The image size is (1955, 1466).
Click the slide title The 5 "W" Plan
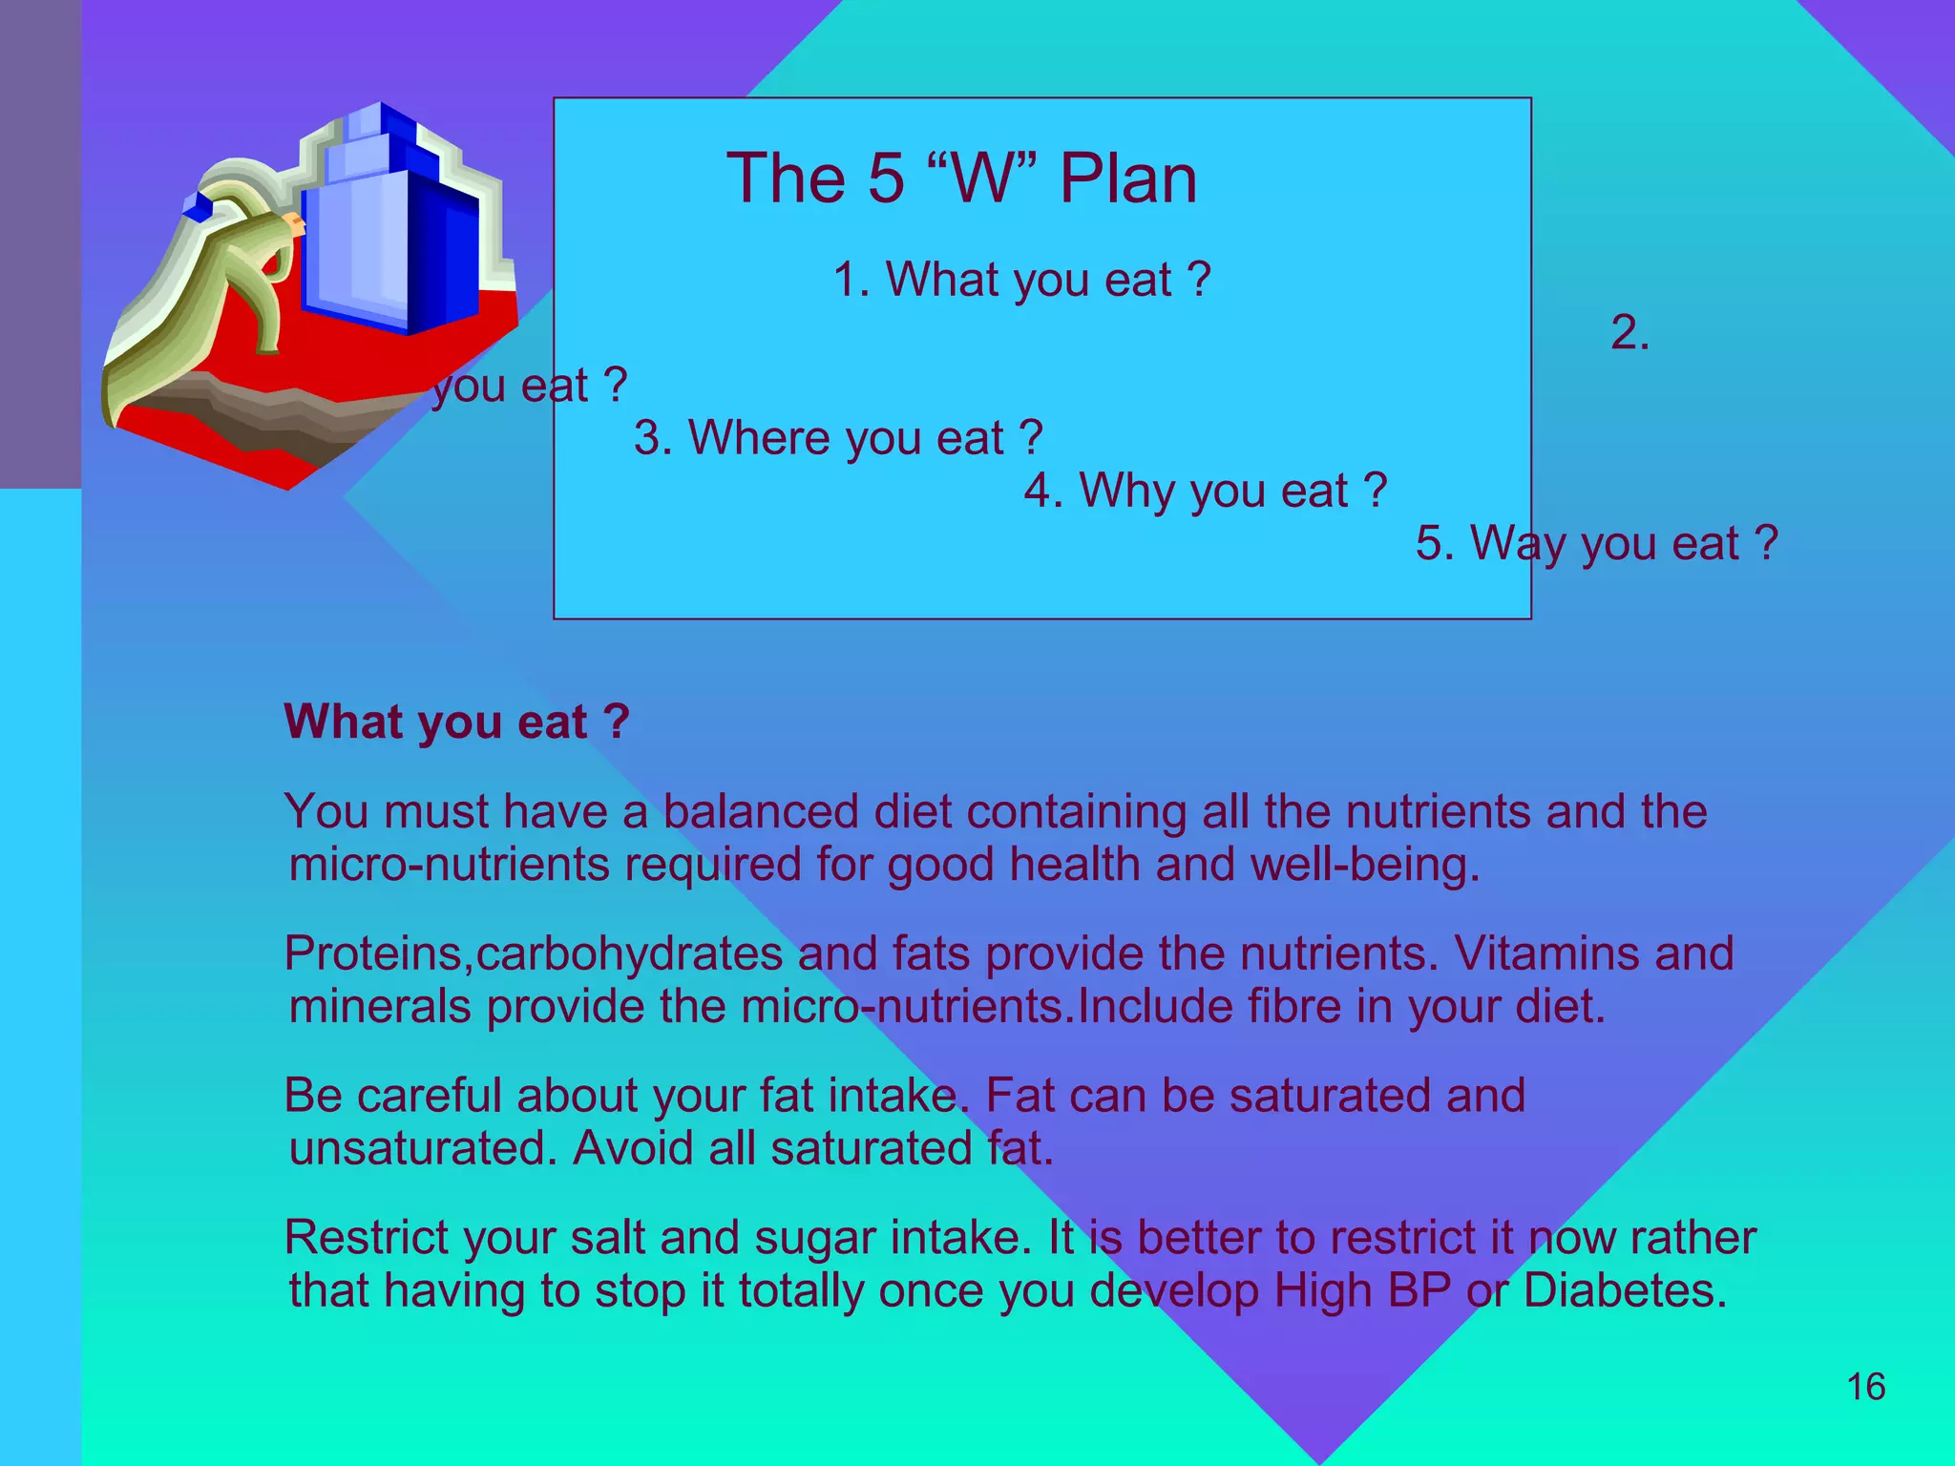[x=960, y=178]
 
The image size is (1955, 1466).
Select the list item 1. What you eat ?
[x=1021, y=280]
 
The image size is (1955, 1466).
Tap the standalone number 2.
[x=1629, y=333]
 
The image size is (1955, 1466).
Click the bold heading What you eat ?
[x=456, y=722]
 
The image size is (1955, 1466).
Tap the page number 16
[x=1865, y=1387]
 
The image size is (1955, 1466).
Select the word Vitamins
[x=1545, y=953]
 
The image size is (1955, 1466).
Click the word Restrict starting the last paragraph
[x=366, y=1238]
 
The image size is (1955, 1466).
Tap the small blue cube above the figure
[x=198, y=206]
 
